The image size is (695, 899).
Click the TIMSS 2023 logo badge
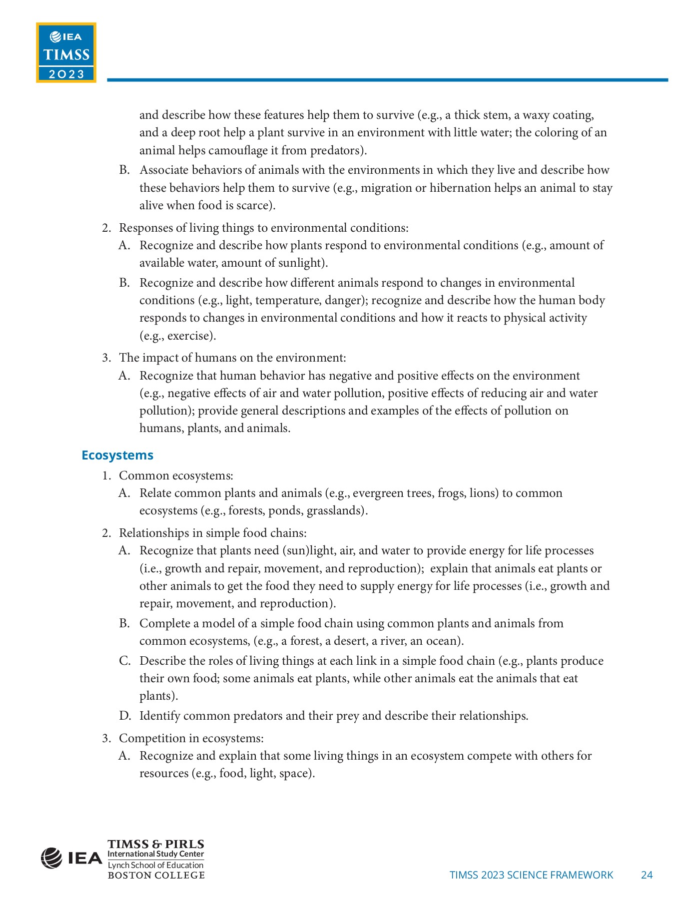[66, 52]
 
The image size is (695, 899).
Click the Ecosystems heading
[117, 455]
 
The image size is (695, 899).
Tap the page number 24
[647, 875]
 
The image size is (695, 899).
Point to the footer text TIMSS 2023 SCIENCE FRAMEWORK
[531, 875]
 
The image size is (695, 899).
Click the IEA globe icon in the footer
[51, 858]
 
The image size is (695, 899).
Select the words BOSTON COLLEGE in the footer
[156, 875]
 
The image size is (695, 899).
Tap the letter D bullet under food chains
[124, 716]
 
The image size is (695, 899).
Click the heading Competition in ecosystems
[191, 738]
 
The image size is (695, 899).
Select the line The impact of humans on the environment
[232, 358]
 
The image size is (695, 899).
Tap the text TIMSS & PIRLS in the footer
[156, 844]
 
